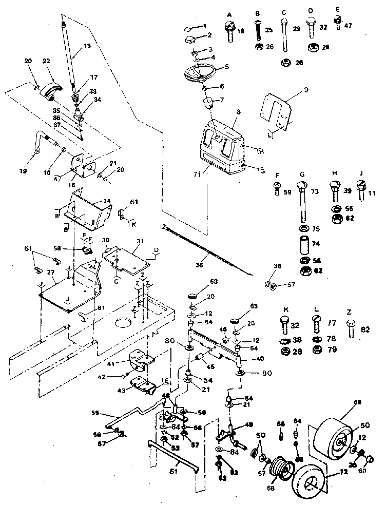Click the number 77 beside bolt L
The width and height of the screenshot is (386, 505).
point(332,323)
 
